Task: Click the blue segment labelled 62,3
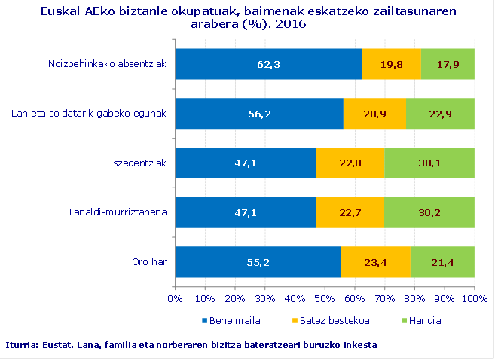(268, 64)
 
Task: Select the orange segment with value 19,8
(391, 64)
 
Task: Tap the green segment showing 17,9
(448, 64)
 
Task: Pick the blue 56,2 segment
(259, 114)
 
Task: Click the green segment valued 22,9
(440, 114)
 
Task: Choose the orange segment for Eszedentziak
(350, 163)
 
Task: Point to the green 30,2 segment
(429, 212)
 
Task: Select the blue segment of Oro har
(258, 262)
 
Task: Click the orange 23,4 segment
(375, 262)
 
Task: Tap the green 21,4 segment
(442, 262)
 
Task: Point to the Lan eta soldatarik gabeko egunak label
(89, 114)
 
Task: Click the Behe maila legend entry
(234, 320)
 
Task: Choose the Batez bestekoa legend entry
(333, 320)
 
